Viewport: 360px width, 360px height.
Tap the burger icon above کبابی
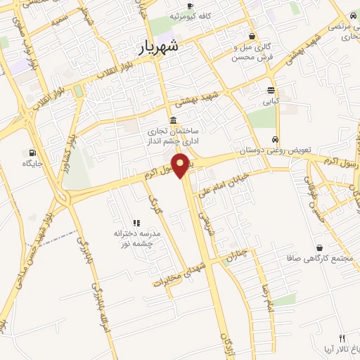point(271,89)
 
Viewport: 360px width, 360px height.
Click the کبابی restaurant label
point(271,101)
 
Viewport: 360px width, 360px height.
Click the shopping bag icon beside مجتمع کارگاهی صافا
point(321,247)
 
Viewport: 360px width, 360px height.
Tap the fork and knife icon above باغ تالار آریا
point(342,338)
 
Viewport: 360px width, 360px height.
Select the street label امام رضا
point(268,295)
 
